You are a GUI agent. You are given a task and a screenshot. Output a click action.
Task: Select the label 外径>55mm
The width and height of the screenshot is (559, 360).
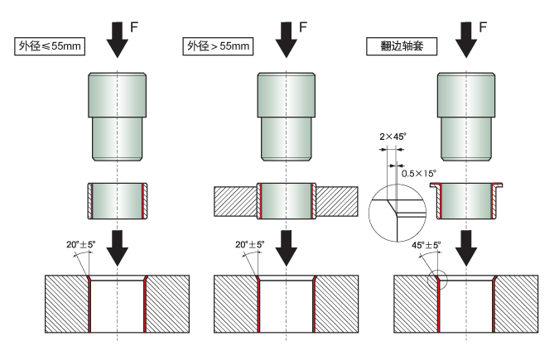point(217,46)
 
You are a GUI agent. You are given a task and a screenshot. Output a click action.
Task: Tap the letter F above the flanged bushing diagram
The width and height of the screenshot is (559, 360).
point(482,26)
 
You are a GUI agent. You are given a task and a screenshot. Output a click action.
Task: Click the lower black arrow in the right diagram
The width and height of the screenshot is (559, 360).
point(467,244)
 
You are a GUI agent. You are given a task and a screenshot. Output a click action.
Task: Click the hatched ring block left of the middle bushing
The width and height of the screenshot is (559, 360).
point(234,201)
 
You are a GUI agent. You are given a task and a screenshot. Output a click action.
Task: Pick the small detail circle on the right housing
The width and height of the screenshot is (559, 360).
point(437,280)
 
